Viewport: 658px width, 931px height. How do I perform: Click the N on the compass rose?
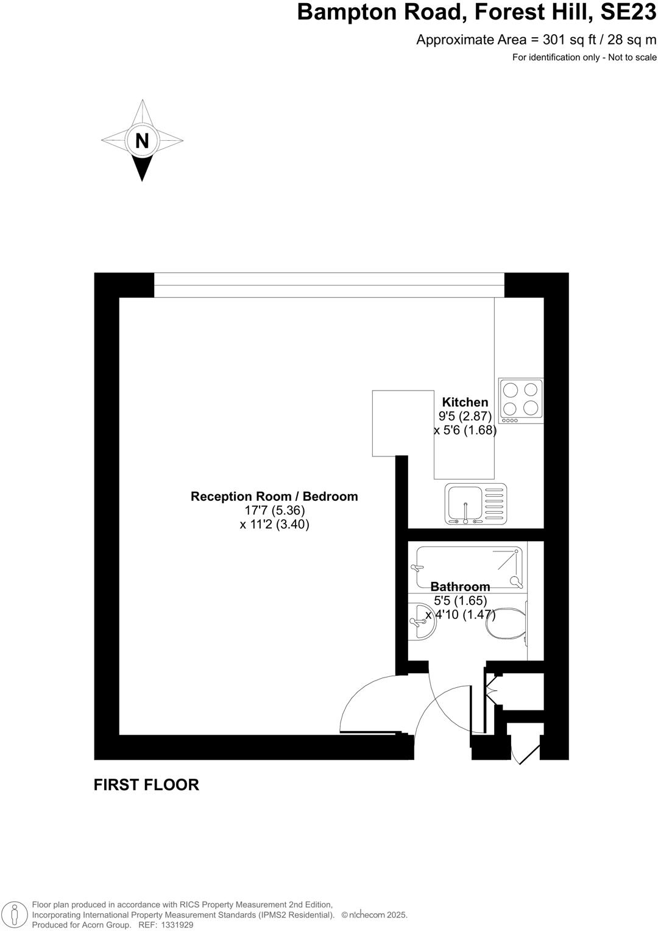[x=142, y=141]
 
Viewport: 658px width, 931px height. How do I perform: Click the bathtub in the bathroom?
[x=469, y=567]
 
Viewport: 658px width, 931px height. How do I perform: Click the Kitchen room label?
[x=465, y=402]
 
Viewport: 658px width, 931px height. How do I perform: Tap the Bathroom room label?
[x=460, y=587]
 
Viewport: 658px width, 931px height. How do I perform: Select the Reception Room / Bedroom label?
[x=274, y=497]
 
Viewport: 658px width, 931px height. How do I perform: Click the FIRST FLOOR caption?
[x=146, y=785]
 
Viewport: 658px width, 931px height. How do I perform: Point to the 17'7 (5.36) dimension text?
[x=274, y=511]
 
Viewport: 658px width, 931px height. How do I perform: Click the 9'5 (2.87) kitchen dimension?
[x=465, y=416]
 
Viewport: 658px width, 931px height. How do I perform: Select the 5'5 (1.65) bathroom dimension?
[x=460, y=601]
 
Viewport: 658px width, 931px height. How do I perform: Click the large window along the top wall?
[x=329, y=285]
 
